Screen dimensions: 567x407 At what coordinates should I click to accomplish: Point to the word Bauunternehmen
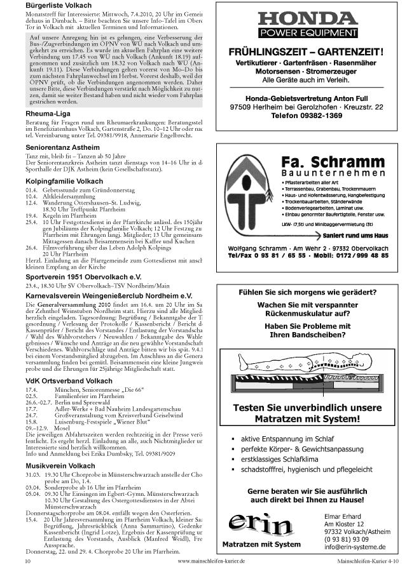click(x=334, y=173)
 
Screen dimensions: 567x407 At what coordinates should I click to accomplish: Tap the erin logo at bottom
click(x=258, y=524)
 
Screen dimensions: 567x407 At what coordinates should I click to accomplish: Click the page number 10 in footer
click(x=28, y=562)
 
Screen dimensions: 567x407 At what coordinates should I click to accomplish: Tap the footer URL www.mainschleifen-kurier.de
click(x=211, y=562)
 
